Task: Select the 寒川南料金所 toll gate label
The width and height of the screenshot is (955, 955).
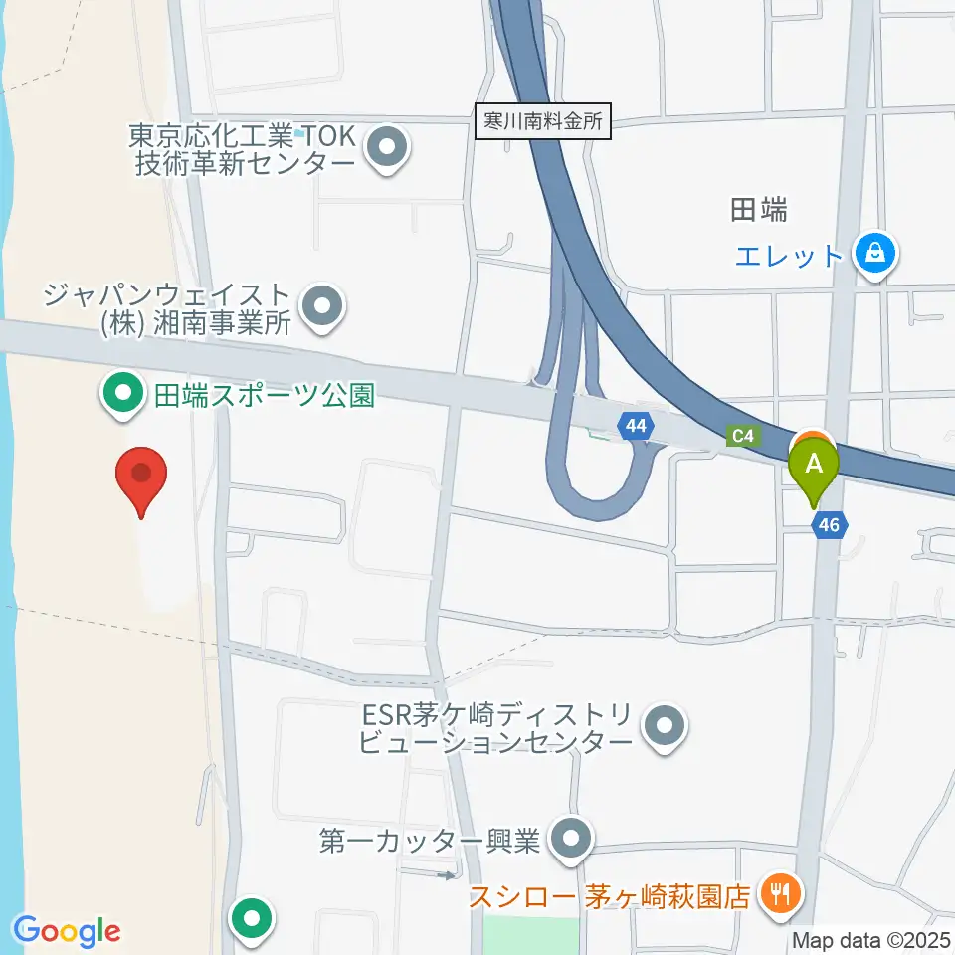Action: tap(542, 122)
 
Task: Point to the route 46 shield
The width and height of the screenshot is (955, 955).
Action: tap(830, 524)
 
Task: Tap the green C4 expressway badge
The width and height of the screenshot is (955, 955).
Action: tap(742, 435)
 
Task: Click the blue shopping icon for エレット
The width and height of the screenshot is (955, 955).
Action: tap(876, 254)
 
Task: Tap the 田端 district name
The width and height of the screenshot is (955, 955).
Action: tap(759, 210)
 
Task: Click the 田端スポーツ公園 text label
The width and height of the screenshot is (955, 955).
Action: tap(263, 396)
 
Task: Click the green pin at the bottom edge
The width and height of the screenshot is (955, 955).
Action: tap(252, 918)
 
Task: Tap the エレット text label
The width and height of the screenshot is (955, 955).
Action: tap(790, 257)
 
